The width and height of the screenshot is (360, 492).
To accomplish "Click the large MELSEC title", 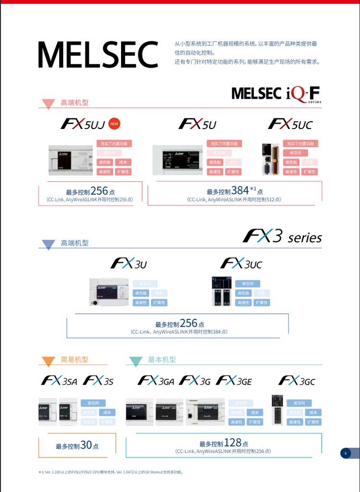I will [x=98, y=55].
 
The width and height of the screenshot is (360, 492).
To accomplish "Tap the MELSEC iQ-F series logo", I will [x=276, y=94].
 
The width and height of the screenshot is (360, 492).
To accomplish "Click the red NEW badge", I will [x=114, y=124].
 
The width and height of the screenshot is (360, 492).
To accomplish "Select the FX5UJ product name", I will [x=82, y=124].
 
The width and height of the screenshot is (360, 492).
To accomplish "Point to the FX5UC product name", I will [x=290, y=124].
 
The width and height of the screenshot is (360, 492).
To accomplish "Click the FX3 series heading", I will [x=282, y=236].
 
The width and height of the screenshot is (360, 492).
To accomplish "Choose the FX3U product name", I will [x=129, y=263].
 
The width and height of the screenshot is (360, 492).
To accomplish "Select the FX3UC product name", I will [x=241, y=263].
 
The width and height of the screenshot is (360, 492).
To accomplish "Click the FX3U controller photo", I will [x=109, y=292].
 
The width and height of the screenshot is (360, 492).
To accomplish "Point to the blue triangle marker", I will [x=48, y=244].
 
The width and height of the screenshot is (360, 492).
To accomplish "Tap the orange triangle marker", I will [x=48, y=361].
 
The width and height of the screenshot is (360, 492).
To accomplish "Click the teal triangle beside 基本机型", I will [x=136, y=361].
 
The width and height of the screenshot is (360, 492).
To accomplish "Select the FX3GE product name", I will [x=234, y=381].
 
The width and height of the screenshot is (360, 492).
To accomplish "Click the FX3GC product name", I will [x=297, y=381].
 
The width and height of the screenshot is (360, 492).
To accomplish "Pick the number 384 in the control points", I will [x=240, y=190].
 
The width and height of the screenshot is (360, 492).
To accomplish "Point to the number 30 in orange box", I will [x=86, y=445].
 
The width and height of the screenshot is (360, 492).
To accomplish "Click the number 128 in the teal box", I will [x=232, y=443].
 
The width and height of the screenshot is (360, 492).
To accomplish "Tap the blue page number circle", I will [x=345, y=453].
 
